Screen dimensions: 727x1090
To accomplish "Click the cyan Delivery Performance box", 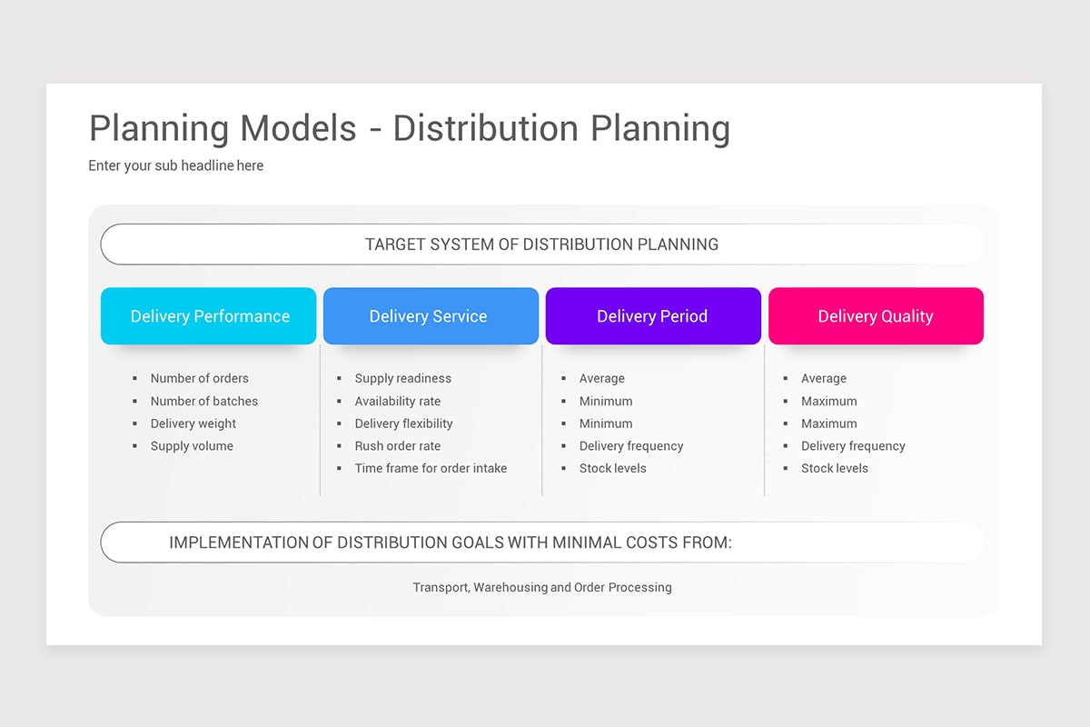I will [x=209, y=316].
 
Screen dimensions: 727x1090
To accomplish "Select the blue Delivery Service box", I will [x=430, y=316].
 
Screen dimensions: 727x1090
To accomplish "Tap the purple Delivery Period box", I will [x=652, y=316].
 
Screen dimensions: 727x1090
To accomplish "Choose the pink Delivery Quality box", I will [x=876, y=316].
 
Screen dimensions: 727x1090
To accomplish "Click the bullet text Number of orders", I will [x=199, y=378].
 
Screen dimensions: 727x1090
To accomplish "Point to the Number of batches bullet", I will [x=203, y=401].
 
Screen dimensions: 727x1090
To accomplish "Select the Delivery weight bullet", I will [x=193, y=423].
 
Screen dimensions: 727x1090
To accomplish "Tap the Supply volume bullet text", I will [x=192, y=446].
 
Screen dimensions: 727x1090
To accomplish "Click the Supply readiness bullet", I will [x=402, y=378].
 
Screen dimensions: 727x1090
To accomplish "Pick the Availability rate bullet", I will [x=397, y=401].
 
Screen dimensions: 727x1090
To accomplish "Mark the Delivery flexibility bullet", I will [x=403, y=423].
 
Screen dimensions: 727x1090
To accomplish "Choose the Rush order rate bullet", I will [x=397, y=446].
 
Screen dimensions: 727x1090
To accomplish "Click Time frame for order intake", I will [x=431, y=468].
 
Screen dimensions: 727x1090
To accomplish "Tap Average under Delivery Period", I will [x=601, y=378].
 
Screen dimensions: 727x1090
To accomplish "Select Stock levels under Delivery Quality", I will [x=834, y=468].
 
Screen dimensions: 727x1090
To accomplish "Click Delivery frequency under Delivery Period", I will [x=630, y=446].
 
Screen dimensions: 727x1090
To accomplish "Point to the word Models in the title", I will [x=299, y=128].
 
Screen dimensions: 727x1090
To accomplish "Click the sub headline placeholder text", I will [x=175, y=165].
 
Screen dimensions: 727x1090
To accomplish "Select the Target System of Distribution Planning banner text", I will [x=541, y=244].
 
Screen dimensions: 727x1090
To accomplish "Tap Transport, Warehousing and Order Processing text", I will [x=542, y=587].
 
